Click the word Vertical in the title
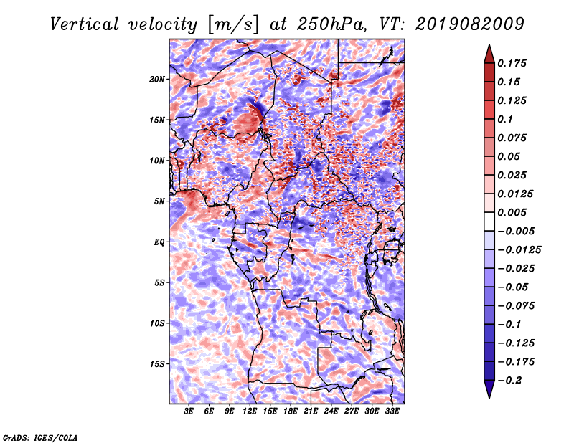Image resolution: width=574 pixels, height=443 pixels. pos(85,24)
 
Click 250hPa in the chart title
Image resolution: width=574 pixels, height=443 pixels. pos(331,24)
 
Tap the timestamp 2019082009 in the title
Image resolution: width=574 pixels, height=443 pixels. pos(470,24)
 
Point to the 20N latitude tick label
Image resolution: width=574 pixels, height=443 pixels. pos(157,80)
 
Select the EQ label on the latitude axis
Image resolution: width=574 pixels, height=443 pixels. pos(159,242)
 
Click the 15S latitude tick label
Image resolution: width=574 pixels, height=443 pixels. pos(157,364)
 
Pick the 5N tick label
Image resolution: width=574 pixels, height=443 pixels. pos(159,201)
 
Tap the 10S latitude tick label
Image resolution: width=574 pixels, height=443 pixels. pos(157,323)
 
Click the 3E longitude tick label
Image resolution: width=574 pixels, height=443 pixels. pos(189,411)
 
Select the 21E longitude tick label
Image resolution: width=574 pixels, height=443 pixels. pos(311,411)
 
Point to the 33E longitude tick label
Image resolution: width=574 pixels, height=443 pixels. pos(392,411)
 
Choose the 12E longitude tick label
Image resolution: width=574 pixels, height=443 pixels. pos(249,411)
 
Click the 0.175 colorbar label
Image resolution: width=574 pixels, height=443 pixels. pos(512,63)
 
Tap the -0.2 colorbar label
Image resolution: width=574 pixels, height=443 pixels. pos(510,381)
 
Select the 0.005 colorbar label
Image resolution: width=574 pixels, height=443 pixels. pos(512,212)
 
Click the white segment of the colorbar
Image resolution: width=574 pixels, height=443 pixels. pos(489,221)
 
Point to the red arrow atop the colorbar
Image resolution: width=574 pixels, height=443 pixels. pos(489,54)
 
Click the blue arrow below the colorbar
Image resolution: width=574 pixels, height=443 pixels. pos(489,389)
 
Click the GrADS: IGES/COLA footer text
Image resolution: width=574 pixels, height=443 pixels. pos(40,437)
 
